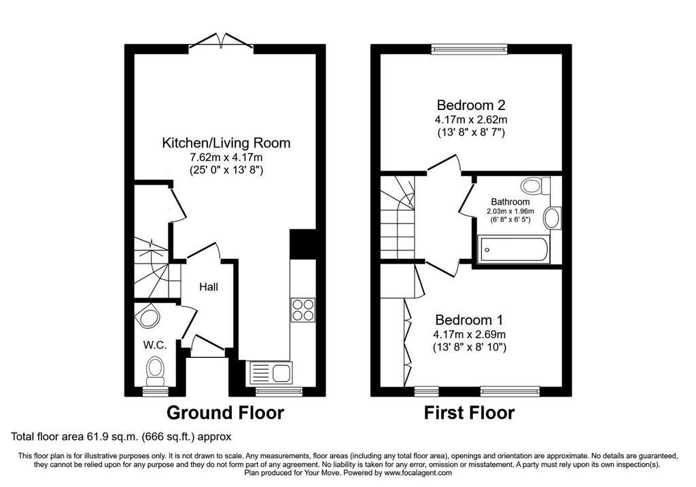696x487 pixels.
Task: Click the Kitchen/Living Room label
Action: click(x=226, y=143)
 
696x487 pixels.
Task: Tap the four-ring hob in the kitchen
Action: click(x=303, y=310)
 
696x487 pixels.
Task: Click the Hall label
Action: click(x=209, y=287)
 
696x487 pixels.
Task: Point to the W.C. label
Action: click(x=155, y=346)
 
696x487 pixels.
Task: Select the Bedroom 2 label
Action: click(x=471, y=105)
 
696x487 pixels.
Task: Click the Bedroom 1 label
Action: click(x=469, y=320)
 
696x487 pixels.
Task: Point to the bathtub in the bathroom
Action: click(x=514, y=249)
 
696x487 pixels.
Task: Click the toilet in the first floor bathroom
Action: click(x=536, y=185)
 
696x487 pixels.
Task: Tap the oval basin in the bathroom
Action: click(x=553, y=218)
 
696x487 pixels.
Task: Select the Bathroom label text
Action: click(x=510, y=202)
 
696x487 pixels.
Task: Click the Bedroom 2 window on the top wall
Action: click(x=469, y=49)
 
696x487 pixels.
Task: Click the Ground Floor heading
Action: click(x=225, y=413)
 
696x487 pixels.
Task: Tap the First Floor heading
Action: click(x=469, y=413)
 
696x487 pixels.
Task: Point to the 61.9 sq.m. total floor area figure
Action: click(x=111, y=437)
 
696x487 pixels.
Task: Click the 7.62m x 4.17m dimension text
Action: click(x=226, y=157)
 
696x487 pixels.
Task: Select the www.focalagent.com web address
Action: click(x=418, y=473)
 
